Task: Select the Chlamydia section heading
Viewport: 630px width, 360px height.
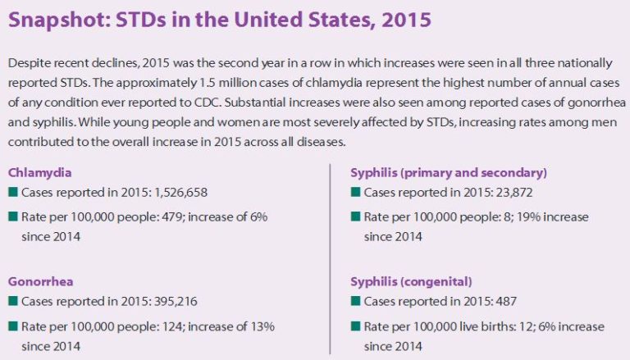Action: pyautogui.click(x=40, y=172)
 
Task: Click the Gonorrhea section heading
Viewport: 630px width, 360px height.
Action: pyautogui.click(x=40, y=280)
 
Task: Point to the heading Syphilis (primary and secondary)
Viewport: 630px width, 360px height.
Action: pyautogui.click(x=449, y=172)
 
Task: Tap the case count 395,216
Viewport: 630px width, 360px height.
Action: pyautogui.click(x=168, y=300)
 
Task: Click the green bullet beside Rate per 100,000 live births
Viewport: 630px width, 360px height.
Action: pyautogui.click(x=355, y=326)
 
